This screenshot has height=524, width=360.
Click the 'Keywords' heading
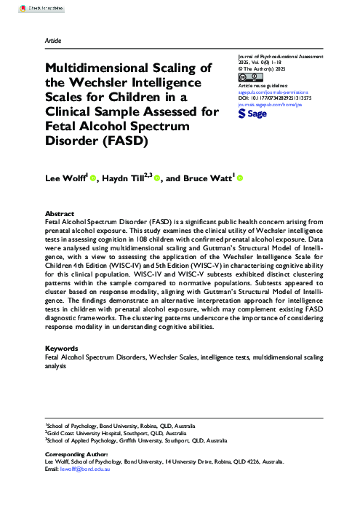tap(62, 349)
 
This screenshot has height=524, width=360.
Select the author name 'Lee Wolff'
tap(64, 178)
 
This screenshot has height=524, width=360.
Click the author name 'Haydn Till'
tap(125, 178)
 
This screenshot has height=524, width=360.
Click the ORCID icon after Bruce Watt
tap(240, 178)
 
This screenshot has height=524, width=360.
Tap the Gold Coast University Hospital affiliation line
tap(116, 433)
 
